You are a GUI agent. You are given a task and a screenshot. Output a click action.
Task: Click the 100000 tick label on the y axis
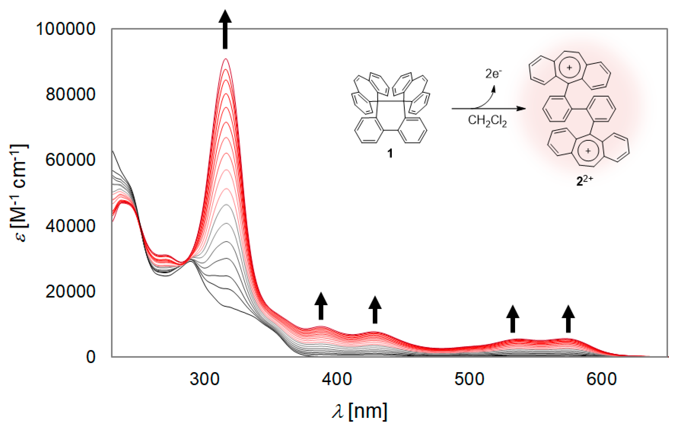65,29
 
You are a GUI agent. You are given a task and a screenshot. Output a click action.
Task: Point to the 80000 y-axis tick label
70,94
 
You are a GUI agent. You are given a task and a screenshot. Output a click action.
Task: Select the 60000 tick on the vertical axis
70,160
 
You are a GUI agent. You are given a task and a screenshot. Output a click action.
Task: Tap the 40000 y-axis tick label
70,226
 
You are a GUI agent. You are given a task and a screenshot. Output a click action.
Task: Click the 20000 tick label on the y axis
70,291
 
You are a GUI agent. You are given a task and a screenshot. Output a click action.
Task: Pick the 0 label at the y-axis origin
91,357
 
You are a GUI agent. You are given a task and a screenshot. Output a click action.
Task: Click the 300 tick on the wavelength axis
205,379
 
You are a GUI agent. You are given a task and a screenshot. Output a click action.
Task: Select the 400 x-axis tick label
337,379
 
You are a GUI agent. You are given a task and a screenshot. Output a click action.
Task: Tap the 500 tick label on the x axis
469,379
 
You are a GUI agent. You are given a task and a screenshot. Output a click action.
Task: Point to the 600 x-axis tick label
602,379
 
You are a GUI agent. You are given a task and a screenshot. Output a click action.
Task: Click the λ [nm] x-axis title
360,412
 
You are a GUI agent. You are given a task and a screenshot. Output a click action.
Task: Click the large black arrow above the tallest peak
225,29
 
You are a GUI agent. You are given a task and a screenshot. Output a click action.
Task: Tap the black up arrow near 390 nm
321,306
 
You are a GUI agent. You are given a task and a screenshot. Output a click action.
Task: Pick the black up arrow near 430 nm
375,310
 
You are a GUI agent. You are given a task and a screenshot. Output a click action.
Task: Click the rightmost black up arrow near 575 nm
568,319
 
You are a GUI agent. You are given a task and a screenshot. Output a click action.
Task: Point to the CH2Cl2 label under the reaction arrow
487,121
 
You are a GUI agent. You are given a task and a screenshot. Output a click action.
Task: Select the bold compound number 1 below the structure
390,153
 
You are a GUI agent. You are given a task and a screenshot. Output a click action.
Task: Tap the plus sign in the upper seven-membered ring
569,68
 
